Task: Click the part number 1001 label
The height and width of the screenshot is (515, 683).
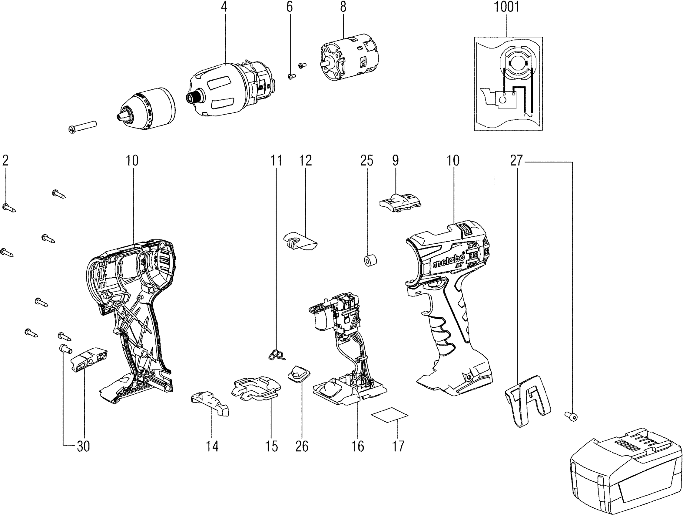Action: coord(507,7)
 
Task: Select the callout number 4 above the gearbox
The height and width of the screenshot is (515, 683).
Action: coord(224,7)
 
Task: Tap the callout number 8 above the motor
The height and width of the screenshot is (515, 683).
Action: coord(343,7)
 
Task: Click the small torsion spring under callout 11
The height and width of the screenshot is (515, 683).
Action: coord(277,355)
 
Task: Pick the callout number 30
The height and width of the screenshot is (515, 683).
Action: coord(83,446)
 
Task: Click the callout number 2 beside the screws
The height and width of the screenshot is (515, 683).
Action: coord(5,161)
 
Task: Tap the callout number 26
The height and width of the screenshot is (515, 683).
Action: coord(302,446)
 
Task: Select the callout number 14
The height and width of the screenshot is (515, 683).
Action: coord(212,446)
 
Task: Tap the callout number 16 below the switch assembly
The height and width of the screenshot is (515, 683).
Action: coord(358,446)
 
